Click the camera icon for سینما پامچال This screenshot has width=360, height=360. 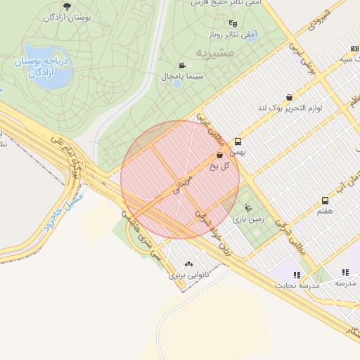183,65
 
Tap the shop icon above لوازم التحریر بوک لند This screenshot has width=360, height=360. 289,98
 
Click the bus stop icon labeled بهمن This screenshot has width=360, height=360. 238,141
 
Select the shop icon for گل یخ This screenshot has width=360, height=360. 220,155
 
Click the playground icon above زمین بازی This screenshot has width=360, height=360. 247,207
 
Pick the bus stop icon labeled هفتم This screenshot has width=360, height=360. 324,200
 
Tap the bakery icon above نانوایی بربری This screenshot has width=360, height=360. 188,264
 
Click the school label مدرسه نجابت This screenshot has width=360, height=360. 300,285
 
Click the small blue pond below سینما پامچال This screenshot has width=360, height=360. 177,84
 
